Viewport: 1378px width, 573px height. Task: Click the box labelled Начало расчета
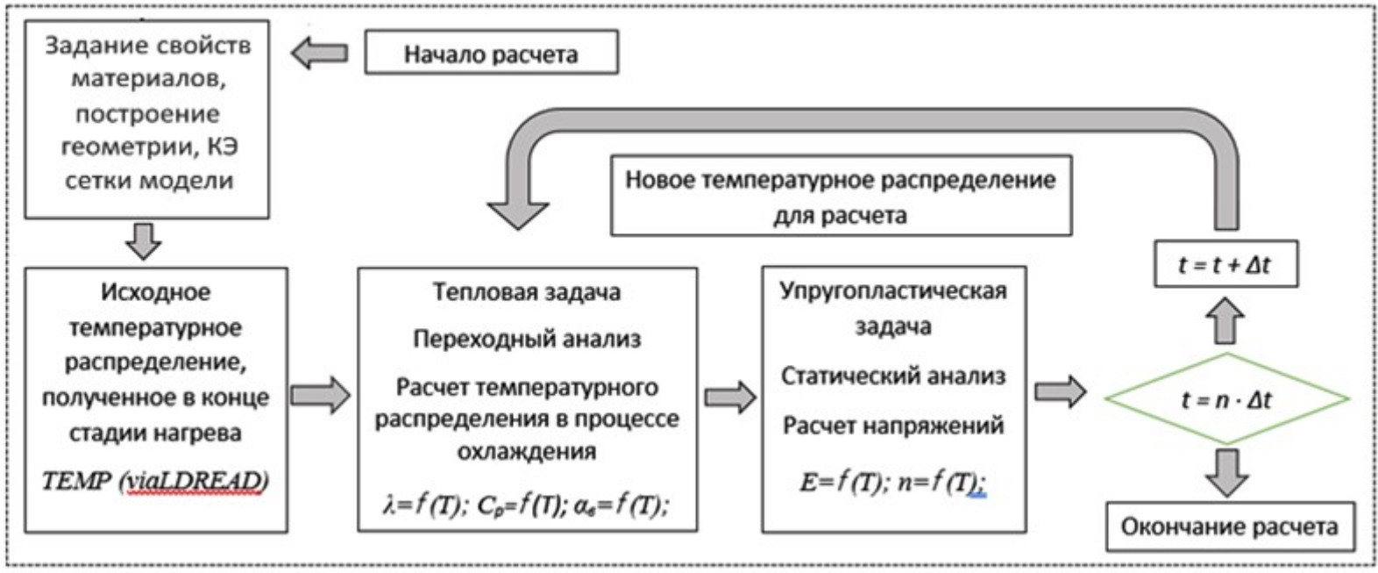pyautogui.click(x=491, y=54)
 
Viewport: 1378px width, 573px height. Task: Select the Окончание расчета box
pyautogui.click(x=1229, y=526)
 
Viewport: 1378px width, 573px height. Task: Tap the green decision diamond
pyautogui.click(x=1226, y=399)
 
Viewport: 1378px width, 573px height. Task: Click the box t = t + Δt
pyautogui.click(x=1225, y=264)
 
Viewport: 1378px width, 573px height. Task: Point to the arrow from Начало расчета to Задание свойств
pyautogui.click(x=319, y=54)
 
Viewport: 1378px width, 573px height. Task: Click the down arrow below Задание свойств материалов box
pyautogui.click(x=144, y=240)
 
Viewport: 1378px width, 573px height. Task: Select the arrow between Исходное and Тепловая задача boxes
pyautogui.click(x=320, y=396)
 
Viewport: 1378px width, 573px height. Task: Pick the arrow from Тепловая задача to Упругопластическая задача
pyautogui.click(x=729, y=397)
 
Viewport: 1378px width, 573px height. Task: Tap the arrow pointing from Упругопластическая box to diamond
pyautogui.click(x=1060, y=391)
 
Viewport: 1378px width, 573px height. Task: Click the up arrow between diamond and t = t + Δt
pyautogui.click(x=1225, y=320)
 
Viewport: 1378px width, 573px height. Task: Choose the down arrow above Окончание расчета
pyautogui.click(x=1225, y=473)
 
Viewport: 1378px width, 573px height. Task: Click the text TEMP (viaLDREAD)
pyautogui.click(x=155, y=481)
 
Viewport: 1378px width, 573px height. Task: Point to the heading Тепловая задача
pyautogui.click(x=526, y=291)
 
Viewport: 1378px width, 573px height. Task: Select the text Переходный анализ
pyautogui.click(x=527, y=339)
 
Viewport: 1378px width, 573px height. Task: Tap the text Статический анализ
pyautogui.click(x=892, y=376)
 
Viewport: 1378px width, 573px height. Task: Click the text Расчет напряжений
pyautogui.click(x=892, y=426)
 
